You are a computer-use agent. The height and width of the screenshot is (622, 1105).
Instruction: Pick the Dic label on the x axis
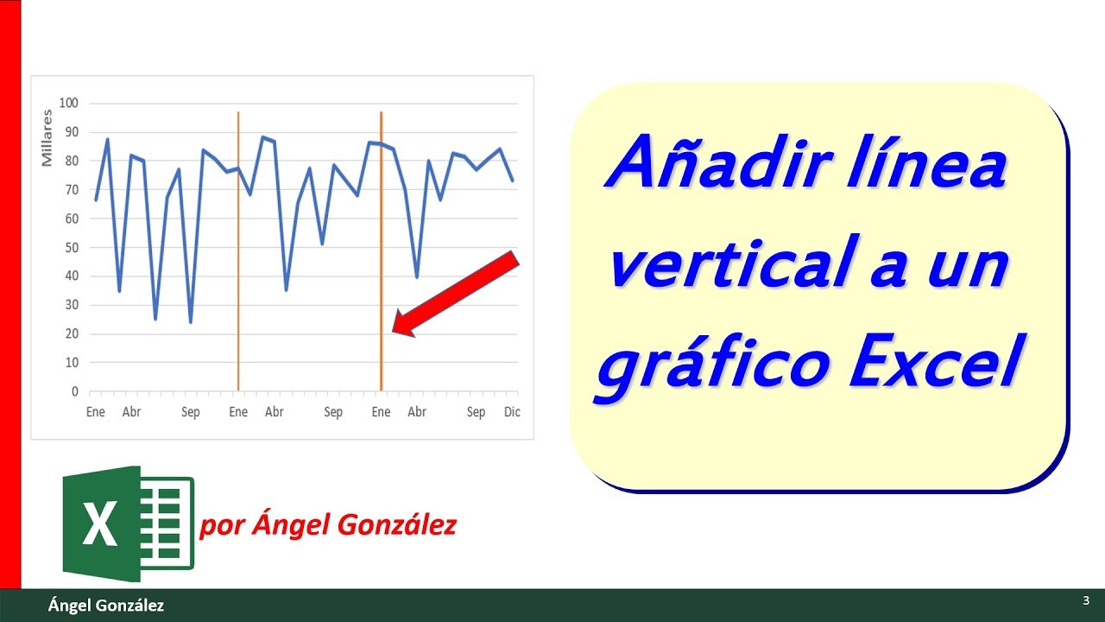tap(512, 412)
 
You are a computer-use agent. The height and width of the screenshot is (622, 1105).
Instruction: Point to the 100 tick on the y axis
tap(68, 103)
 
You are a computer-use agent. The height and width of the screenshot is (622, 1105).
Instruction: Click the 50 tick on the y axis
tap(72, 247)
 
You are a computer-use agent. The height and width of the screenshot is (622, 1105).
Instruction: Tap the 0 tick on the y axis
tap(75, 391)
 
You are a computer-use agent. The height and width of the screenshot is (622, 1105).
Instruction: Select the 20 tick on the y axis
tap(72, 333)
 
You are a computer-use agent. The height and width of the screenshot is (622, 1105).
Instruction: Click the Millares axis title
tap(47, 143)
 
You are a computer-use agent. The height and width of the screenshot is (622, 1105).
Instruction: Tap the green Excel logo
tap(129, 524)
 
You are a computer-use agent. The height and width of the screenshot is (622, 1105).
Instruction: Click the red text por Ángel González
tap(328, 525)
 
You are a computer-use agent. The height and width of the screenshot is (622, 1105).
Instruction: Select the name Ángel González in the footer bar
tap(105, 606)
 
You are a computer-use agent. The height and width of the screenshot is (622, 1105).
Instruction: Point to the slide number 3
tap(1084, 600)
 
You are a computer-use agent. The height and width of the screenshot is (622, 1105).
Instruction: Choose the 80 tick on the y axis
tap(72, 161)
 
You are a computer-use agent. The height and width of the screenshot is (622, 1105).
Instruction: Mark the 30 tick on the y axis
tap(72, 305)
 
